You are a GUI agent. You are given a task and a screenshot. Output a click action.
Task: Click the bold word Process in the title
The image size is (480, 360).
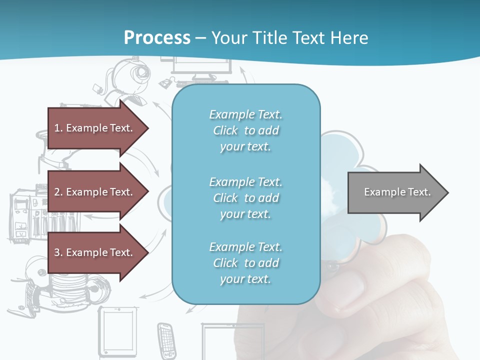point(157,37)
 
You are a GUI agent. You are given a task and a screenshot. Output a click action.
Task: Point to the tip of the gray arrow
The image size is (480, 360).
point(447,192)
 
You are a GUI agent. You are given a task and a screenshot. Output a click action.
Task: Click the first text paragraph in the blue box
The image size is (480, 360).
point(245,130)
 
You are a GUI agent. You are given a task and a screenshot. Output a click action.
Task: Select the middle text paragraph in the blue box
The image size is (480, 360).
point(245,198)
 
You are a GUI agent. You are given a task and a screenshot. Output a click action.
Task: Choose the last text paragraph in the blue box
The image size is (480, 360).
point(245,263)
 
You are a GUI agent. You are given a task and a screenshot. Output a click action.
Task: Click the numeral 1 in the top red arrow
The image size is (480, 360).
point(57,128)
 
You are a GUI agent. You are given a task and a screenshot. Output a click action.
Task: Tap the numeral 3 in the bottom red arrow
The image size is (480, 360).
point(57,252)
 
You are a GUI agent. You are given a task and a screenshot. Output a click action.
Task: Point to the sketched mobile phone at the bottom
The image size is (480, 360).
point(166,337)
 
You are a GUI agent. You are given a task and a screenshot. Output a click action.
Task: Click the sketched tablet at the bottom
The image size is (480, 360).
point(118,330)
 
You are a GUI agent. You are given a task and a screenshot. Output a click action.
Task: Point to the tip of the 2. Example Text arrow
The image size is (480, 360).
point(148,192)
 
